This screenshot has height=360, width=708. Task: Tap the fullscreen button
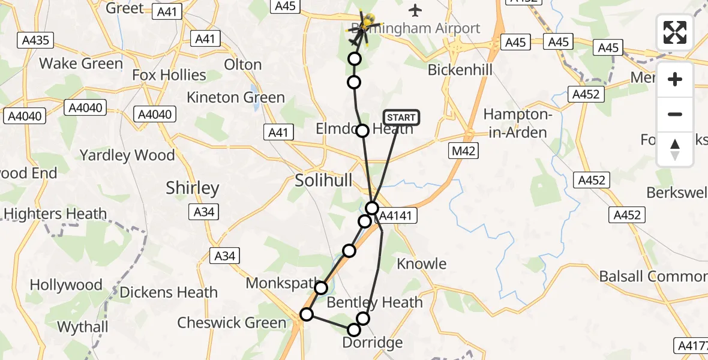point(675,33)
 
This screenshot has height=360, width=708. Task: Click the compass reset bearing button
point(675,149)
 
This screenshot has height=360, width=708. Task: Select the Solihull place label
point(323,180)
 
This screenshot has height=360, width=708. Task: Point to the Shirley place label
point(193,188)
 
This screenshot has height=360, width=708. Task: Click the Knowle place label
point(422,264)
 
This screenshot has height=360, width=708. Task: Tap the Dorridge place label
point(372,343)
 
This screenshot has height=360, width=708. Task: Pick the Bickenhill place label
point(460,70)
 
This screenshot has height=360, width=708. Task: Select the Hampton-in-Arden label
point(515,123)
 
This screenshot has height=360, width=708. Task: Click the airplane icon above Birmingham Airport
point(415,10)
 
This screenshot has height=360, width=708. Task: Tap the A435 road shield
point(36,41)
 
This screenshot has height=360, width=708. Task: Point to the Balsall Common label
point(653,277)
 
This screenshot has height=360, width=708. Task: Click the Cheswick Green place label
point(232,323)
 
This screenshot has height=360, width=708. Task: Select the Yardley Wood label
point(127,155)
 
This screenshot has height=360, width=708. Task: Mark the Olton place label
point(242,65)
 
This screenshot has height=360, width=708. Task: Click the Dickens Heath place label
point(169,292)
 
